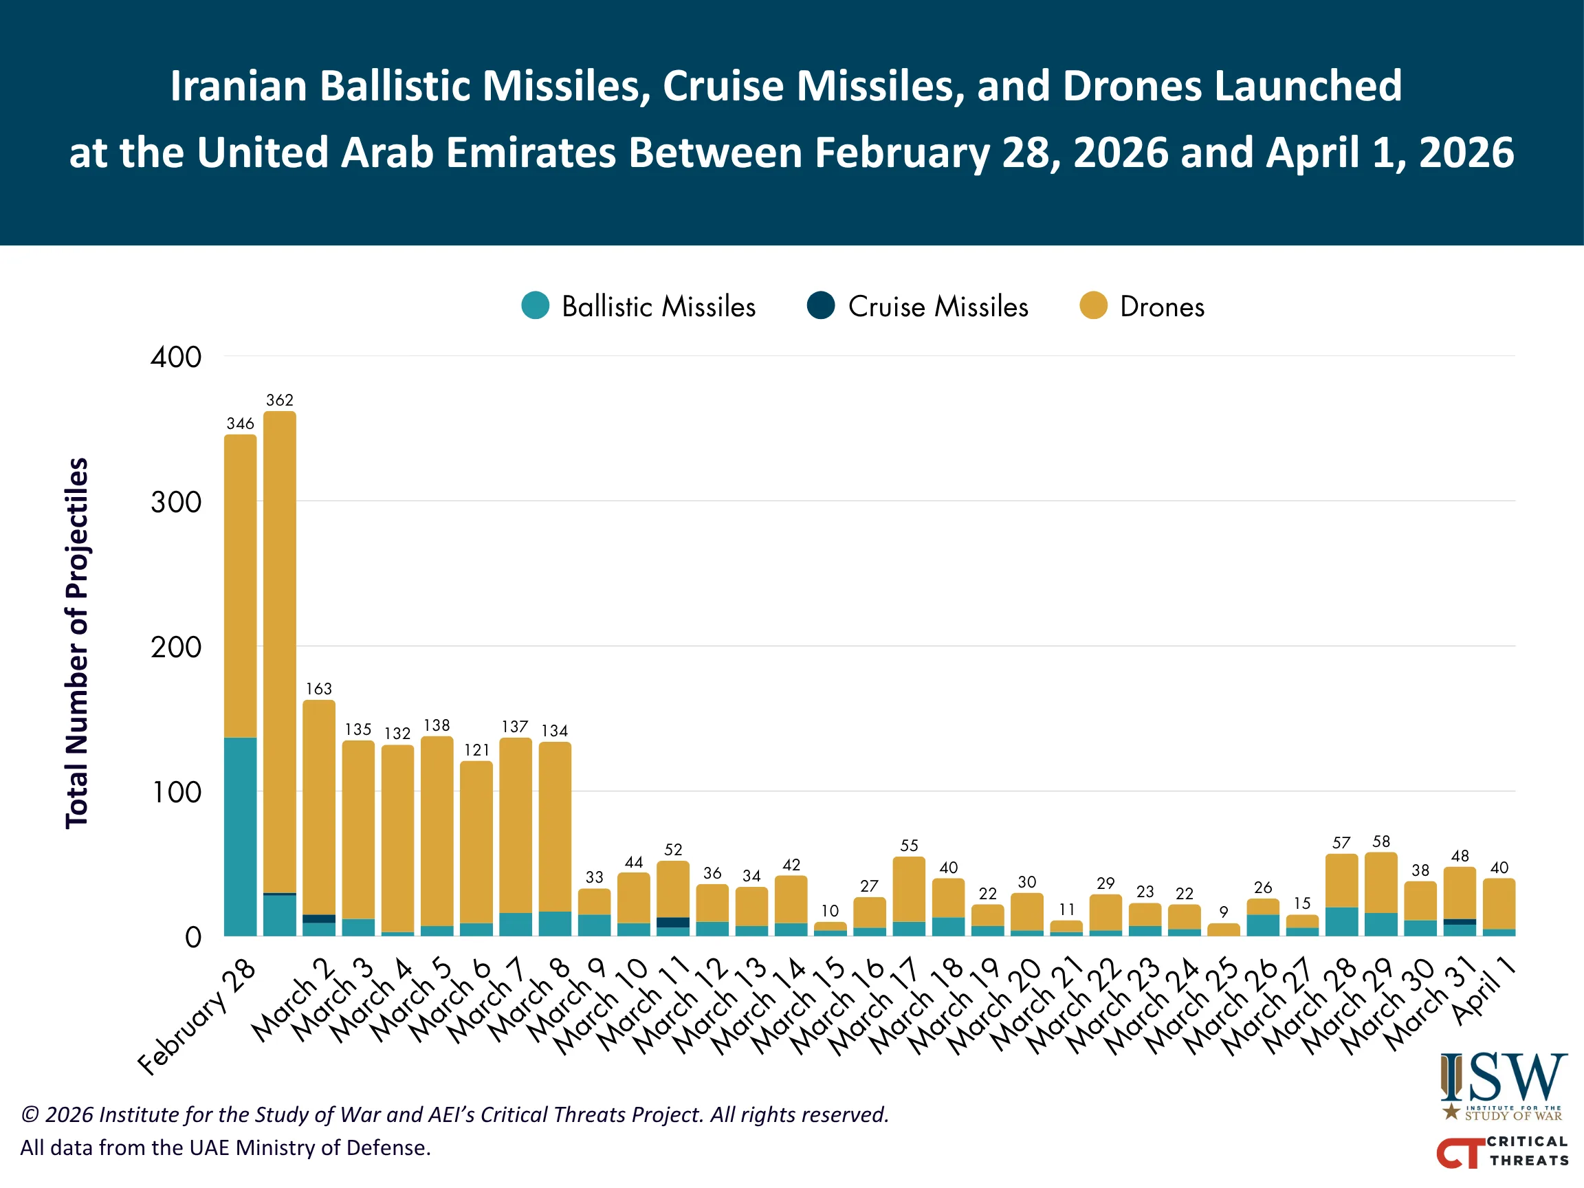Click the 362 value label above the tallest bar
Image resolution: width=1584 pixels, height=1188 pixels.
(x=279, y=400)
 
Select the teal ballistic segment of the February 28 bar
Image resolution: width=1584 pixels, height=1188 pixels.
(x=240, y=837)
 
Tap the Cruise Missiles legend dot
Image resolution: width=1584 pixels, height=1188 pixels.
(x=821, y=306)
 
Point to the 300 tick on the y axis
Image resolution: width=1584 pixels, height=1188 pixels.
(x=175, y=502)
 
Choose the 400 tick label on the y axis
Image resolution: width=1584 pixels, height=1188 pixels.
(x=175, y=357)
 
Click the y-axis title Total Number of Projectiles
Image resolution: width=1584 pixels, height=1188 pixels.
(x=77, y=643)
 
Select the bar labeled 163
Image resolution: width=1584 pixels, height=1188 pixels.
(x=319, y=809)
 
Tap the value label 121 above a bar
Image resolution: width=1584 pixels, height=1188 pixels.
(x=476, y=750)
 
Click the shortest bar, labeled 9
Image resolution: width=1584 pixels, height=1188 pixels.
(x=1223, y=929)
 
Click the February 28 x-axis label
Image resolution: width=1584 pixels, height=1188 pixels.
(x=197, y=1017)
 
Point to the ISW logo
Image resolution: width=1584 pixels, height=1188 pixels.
(x=1503, y=1086)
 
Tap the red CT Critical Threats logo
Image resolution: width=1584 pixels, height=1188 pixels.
(x=1501, y=1151)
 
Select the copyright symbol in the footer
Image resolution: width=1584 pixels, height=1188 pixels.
(x=30, y=1115)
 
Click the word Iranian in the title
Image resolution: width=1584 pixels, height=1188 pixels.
(x=239, y=87)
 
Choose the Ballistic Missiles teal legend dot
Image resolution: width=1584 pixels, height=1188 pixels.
(x=535, y=306)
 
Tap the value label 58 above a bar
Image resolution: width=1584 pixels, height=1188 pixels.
(x=1380, y=841)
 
